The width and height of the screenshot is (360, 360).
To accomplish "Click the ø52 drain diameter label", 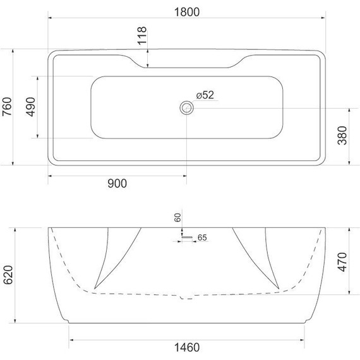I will pyautogui.click(x=205, y=95).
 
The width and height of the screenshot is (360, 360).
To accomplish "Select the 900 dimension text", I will pyautogui.click(x=117, y=184).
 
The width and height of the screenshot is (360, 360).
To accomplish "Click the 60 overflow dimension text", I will pyautogui.click(x=178, y=217).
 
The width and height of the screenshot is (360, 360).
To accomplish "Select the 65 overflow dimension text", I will pyautogui.click(x=202, y=238).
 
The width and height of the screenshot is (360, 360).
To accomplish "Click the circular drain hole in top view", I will pyautogui.click(x=186, y=108).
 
